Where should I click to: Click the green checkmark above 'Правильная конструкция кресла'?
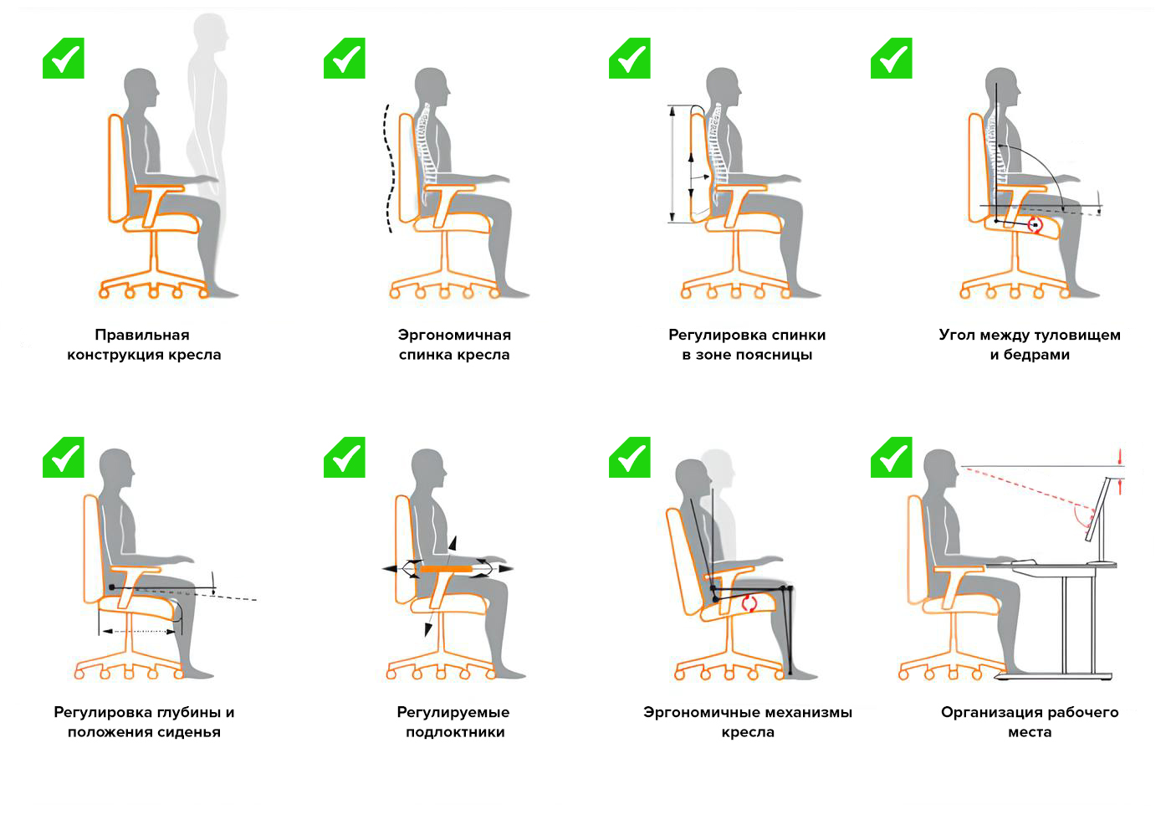[64, 58]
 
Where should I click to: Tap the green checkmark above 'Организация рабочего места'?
[892, 457]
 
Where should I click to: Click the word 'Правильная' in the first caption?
[142, 335]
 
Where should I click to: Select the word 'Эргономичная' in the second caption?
[454, 336]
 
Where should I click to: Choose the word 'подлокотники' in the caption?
[455, 732]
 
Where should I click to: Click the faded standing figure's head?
[210, 33]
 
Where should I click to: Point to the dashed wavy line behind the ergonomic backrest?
[389, 168]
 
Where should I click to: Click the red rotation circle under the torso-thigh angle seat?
[1035, 225]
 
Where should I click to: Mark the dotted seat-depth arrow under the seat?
[139, 632]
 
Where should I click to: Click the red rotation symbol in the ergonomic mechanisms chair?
[749, 603]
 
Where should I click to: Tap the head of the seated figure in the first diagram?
[141, 87]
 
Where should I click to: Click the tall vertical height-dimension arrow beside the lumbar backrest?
[672, 164]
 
